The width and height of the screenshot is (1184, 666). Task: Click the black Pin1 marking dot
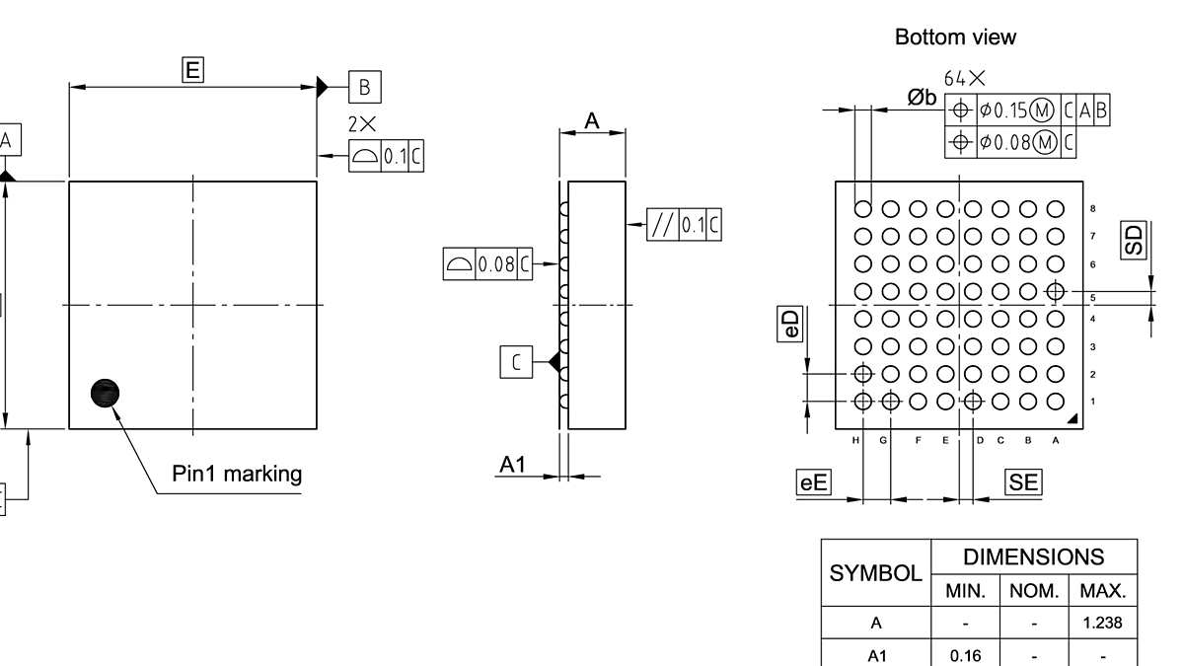pos(105,393)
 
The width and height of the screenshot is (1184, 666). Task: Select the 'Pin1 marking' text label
pos(237,474)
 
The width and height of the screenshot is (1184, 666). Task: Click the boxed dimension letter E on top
pos(193,69)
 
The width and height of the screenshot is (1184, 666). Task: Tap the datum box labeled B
pos(364,87)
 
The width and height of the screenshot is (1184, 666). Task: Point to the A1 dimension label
pos(513,465)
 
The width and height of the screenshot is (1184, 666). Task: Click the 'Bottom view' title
pos(954,37)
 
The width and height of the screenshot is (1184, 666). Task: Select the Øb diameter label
pos(922,97)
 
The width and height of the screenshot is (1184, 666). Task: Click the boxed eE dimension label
pos(814,481)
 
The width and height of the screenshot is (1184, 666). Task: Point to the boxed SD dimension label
pos(1135,240)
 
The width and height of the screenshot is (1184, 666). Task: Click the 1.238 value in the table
pos(1102,623)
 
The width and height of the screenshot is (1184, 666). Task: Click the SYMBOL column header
pos(875,573)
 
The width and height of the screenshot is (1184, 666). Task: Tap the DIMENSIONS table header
pos(1034,556)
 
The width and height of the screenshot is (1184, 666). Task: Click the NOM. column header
pos(1034,591)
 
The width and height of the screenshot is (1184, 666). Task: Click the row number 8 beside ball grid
pos(1092,209)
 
